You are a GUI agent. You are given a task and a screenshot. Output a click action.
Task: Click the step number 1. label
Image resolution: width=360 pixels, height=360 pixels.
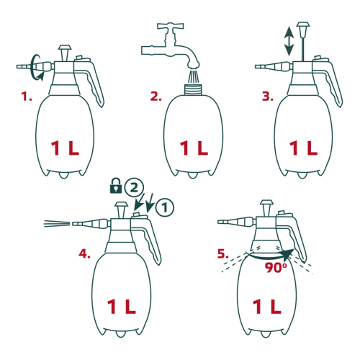click(x=27, y=96)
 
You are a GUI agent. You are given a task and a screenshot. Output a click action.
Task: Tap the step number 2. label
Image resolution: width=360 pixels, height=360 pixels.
click(x=156, y=96)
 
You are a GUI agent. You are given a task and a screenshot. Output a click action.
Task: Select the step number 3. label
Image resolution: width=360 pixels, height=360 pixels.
click(x=268, y=96)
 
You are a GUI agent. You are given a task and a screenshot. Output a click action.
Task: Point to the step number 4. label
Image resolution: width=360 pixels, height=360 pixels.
click(x=84, y=253)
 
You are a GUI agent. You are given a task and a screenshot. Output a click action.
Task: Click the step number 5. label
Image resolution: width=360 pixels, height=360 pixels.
click(x=223, y=253)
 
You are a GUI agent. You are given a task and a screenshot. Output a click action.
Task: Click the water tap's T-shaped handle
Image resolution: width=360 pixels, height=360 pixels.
click(x=171, y=26)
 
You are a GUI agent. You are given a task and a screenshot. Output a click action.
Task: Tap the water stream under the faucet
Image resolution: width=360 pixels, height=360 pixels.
click(x=193, y=76)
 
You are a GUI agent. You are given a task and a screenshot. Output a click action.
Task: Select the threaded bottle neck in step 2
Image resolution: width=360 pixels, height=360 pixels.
click(x=193, y=89)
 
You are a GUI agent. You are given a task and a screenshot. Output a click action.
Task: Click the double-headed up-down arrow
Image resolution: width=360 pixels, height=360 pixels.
click(x=289, y=41)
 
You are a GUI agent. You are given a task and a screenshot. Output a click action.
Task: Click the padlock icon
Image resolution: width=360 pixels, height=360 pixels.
click(x=116, y=186)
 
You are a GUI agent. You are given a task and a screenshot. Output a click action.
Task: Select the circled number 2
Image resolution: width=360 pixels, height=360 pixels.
click(x=134, y=188)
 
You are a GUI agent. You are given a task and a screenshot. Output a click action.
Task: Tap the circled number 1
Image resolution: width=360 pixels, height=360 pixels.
click(x=165, y=207)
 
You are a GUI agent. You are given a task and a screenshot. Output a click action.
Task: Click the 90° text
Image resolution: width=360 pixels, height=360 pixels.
click(x=276, y=267)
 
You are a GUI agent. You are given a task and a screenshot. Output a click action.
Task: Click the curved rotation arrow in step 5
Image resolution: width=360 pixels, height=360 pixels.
click(x=269, y=257)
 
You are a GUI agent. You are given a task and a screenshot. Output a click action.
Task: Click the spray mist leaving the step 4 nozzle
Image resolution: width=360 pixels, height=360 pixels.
click(x=57, y=224)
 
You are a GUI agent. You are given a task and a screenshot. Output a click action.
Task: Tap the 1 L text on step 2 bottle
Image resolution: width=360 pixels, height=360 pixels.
click(x=194, y=148)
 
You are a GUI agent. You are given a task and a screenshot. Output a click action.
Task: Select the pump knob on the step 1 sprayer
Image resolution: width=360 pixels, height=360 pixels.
click(x=65, y=53)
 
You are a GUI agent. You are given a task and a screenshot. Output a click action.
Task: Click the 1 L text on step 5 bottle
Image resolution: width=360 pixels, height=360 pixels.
click(x=266, y=307)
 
